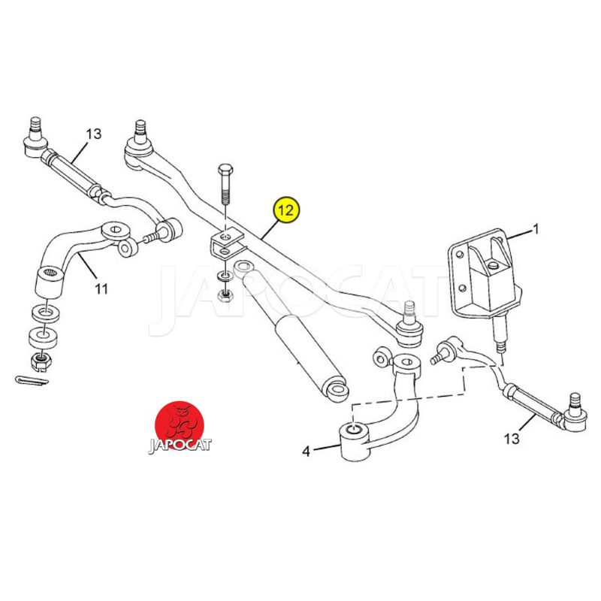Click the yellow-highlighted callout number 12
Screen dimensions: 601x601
pos(286,211)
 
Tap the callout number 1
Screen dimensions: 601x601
pos(536,228)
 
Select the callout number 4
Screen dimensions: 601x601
pos(306,451)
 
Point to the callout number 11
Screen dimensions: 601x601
pos(101,288)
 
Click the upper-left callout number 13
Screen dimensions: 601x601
pos(93,134)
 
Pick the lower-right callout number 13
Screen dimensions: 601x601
pos(512,438)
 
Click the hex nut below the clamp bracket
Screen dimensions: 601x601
pos(224,296)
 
